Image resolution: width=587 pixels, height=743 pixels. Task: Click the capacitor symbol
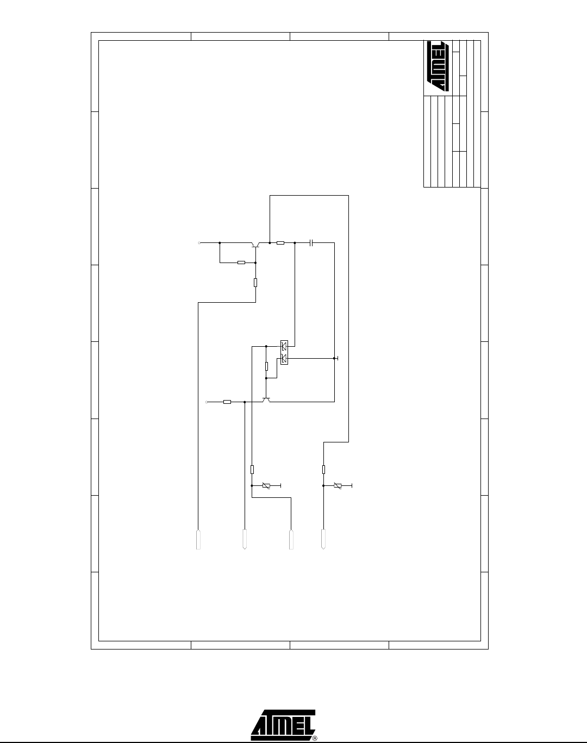311,243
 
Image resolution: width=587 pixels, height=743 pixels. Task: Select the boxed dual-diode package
284,352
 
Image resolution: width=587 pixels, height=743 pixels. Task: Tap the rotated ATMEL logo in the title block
438,66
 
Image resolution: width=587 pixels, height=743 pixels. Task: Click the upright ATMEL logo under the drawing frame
283,725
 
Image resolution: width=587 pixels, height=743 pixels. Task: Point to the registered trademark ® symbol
315,739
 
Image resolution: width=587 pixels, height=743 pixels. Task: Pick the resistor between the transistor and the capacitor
280,243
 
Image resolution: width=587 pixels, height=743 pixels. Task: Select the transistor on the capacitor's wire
255,245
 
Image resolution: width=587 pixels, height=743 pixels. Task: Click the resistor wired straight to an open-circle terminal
227,402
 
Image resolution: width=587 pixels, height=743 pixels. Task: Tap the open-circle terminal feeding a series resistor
207,402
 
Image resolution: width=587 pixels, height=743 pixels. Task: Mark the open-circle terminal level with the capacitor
199,243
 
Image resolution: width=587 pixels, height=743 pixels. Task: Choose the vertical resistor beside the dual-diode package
266,366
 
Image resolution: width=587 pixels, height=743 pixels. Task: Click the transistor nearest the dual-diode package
266,400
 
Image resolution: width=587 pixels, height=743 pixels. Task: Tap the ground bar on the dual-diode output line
338,358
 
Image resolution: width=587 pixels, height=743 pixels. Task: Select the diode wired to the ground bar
284,359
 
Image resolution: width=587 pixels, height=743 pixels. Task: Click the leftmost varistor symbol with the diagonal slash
266,485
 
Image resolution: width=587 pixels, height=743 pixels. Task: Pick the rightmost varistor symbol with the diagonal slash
338,485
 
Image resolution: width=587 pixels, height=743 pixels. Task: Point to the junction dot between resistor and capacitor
295,243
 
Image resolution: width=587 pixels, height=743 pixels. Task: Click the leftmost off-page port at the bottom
198,539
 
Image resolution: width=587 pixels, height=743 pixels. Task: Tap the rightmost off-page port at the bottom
323,539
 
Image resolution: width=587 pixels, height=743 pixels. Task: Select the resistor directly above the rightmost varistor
323,470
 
